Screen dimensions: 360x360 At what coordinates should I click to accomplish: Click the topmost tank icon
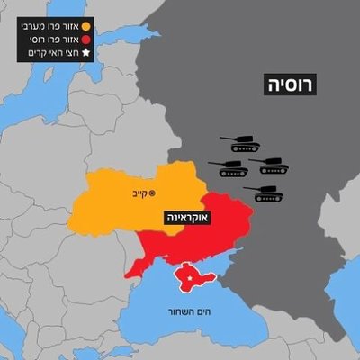(x=245, y=143)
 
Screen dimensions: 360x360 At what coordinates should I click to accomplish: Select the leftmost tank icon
(x=228, y=167)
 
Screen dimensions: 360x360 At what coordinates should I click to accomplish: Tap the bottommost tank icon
(x=269, y=193)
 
